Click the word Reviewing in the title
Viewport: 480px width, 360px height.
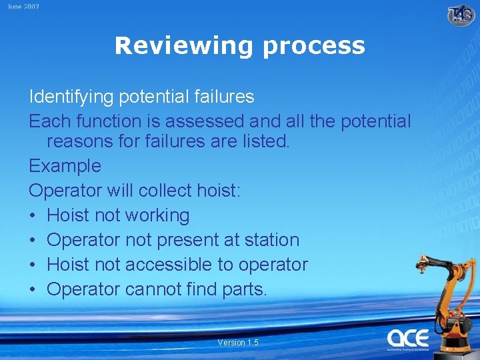(185, 45)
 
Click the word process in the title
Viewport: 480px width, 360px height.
(313, 47)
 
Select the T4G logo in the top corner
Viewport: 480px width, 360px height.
(461, 14)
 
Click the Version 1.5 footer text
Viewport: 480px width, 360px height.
(238, 343)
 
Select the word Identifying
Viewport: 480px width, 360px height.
(71, 97)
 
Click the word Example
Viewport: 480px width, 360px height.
(65, 166)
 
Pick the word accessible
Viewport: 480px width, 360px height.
(169, 265)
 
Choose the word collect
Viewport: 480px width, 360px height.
(165, 191)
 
